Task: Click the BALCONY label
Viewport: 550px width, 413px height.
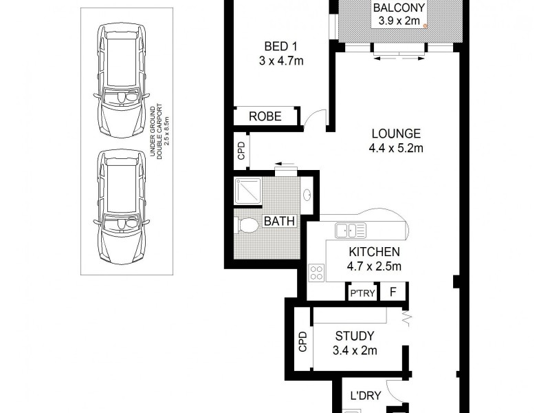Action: (x=399, y=8)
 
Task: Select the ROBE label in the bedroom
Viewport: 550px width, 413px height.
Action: (x=265, y=116)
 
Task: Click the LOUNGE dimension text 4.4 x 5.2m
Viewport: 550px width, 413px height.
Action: (x=397, y=148)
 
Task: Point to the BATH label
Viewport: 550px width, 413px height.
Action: (x=279, y=222)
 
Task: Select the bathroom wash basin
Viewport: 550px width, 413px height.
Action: (x=307, y=195)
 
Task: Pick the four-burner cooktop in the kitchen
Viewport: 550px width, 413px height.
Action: (x=317, y=272)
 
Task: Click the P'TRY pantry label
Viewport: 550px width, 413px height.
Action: (x=362, y=293)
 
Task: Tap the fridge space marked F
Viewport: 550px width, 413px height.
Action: (x=394, y=293)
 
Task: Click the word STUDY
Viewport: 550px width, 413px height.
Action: (x=354, y=336)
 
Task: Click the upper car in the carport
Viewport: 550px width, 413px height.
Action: (x=122, y=81)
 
